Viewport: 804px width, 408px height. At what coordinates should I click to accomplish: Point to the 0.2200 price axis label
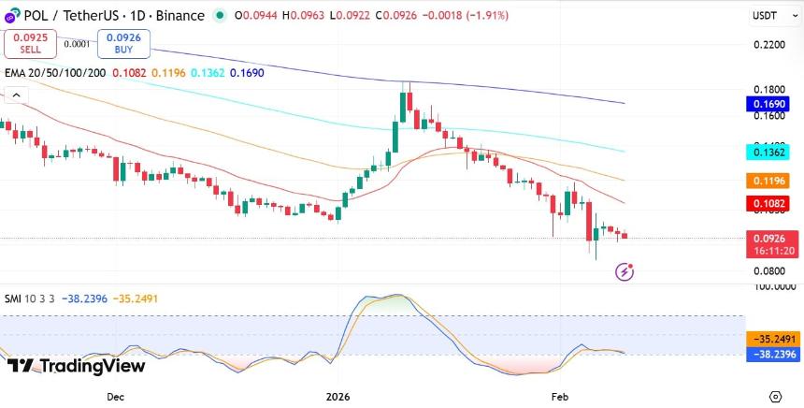(x=768, y=45)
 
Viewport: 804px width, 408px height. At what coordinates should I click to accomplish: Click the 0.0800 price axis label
(x=768, y=270)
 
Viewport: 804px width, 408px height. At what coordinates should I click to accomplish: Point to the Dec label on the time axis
(x=115, y=397)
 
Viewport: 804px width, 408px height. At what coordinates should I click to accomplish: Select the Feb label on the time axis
(x=559, y=397)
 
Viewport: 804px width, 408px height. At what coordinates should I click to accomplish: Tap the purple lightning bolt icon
(x=625, y=272)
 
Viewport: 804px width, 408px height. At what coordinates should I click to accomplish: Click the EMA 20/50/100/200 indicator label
(x=55, y=72)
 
